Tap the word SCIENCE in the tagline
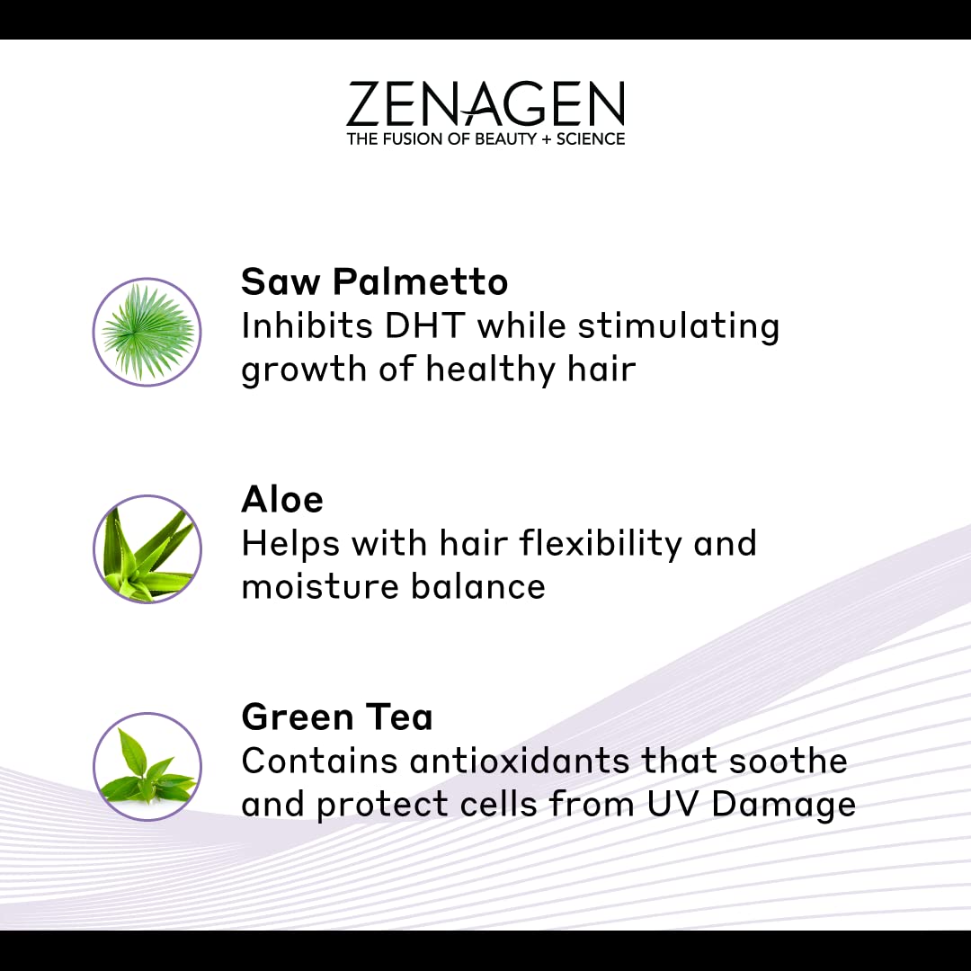pos(589,138)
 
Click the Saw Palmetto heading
pos(374,282)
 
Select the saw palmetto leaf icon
pos(147,332)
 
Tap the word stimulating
pos(678,327)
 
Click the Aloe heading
pos(282,499)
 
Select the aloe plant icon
pos(147,548)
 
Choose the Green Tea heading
pos(337,717)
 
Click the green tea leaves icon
pos(147,767)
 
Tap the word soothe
pos(788,761)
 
